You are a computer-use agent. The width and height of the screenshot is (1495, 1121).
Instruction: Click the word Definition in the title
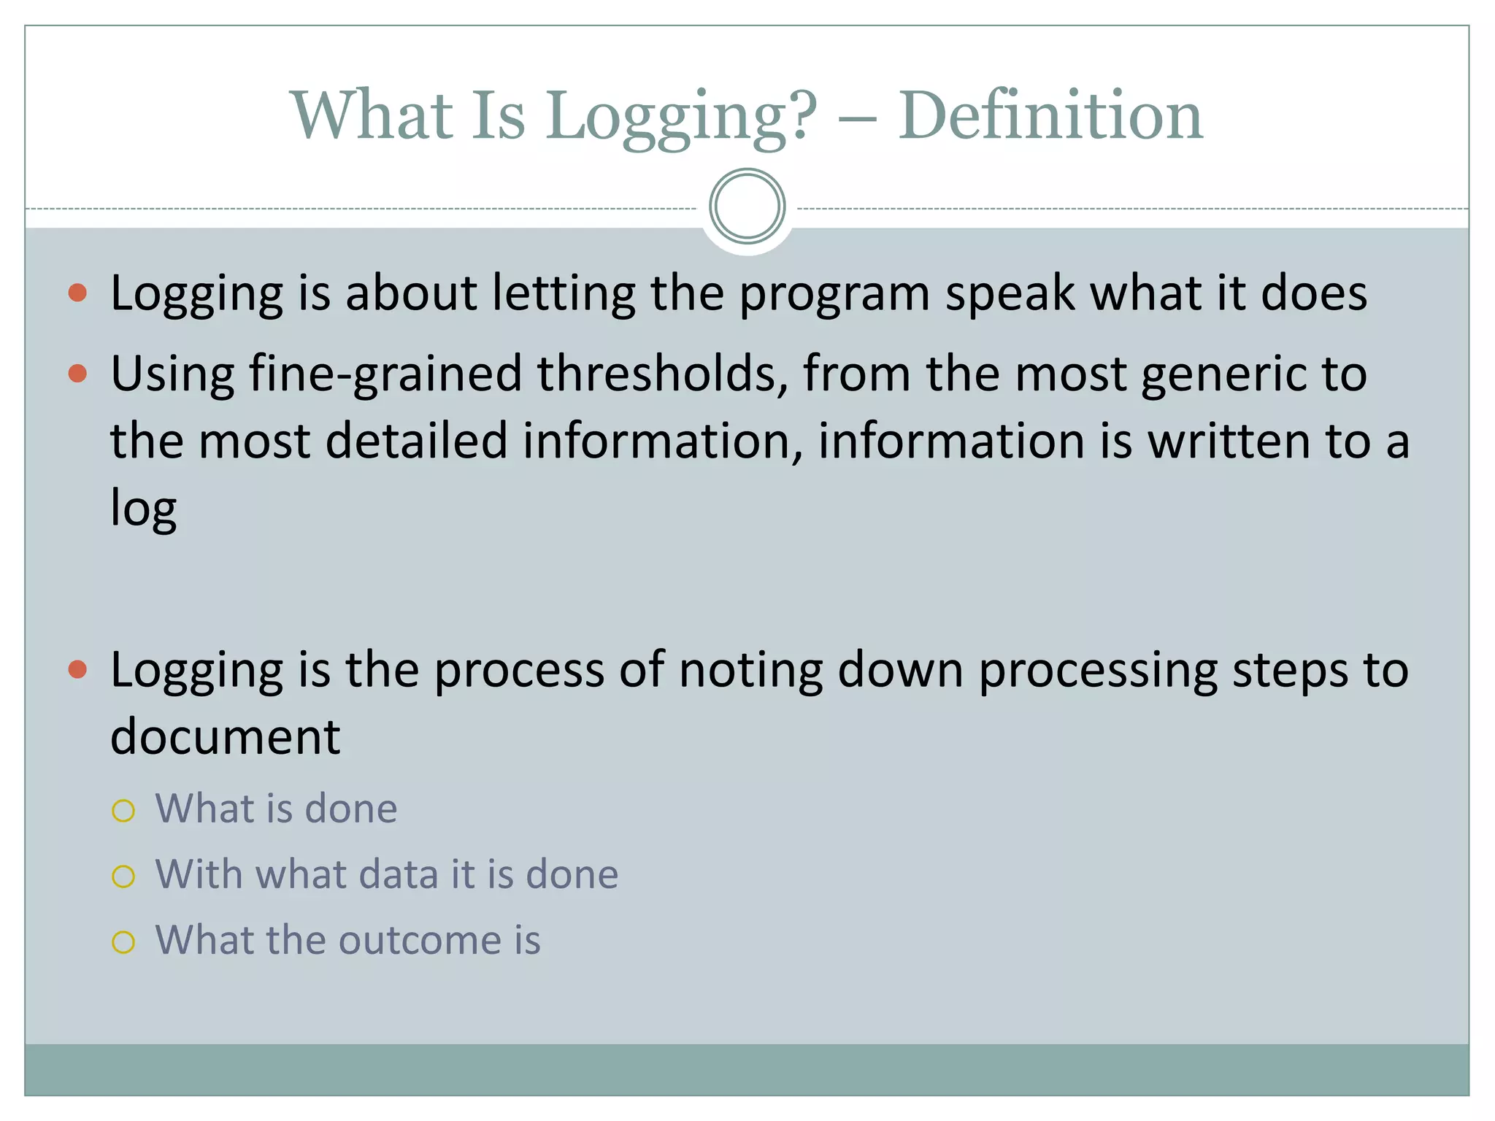pos(1050,117)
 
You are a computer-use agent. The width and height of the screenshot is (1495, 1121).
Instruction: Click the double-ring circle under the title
pos(747,207)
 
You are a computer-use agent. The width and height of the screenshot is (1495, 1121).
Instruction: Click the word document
pos(225,737)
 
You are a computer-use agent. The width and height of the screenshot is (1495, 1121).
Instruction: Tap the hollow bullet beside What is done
pos(123,811)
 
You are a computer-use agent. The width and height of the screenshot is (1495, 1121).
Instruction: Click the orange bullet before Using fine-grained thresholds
pos(77,374)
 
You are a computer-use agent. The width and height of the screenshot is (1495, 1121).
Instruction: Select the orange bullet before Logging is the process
pos(77,669)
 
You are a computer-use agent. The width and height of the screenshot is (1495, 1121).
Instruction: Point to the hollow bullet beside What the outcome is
pos(123,942)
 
